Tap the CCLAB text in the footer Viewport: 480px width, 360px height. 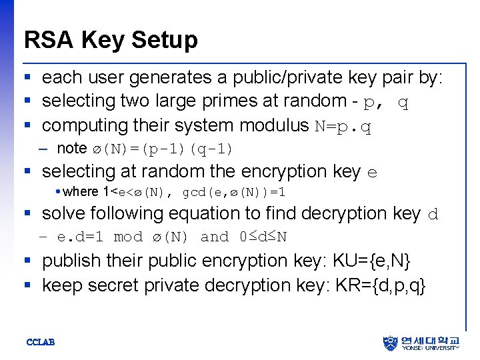click(40, 343)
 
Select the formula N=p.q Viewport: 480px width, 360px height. click(343, 126)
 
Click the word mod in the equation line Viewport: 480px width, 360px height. click(128, 237)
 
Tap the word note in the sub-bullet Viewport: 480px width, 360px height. click(72, 149)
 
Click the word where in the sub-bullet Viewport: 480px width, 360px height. click(81, 192)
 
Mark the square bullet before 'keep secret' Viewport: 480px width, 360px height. click(27, 285)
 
